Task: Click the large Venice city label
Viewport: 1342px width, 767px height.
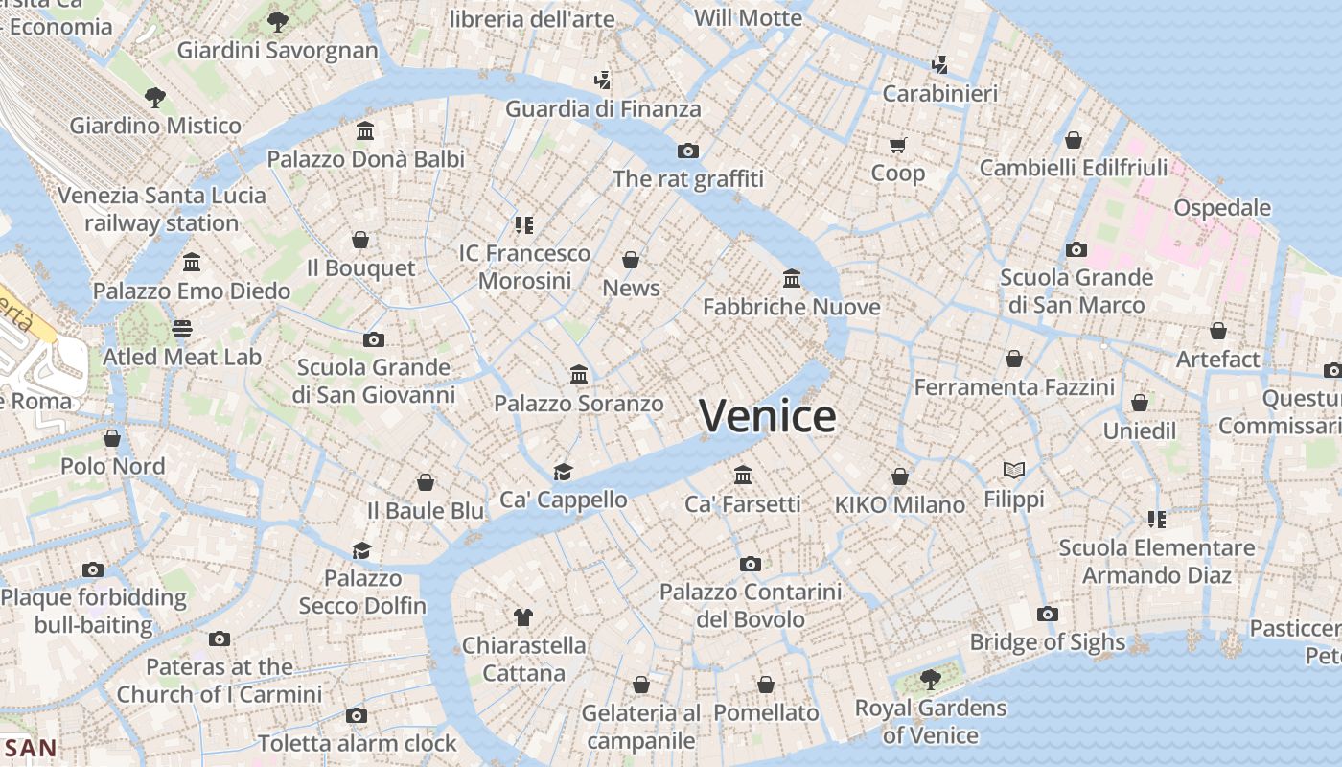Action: pyautogui.click(x=767, y=416)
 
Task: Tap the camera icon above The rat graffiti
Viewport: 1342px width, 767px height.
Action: pyautogui.click(x=687, y=151)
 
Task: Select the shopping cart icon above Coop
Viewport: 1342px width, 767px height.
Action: pyautogui.click(x=897, y=145)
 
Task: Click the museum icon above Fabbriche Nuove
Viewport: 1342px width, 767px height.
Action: pyautogui.click(x=792, y=278)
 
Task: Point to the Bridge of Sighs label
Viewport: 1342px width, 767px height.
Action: pyautogui.click(x=1047, y=642)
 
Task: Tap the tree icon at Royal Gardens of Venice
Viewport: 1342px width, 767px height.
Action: pyautogui.click(x=929, y=680)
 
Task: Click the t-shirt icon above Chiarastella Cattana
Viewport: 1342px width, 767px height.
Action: pyautogui.click(x=522, y=616)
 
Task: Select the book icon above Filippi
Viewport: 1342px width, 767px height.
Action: pyautogui.click(x=1014, y=470)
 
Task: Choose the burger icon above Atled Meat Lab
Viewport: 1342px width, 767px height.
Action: pyautogui.click(x=182, y=329)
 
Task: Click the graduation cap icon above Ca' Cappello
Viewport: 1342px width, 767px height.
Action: pyautogui.click(x=563, y=472)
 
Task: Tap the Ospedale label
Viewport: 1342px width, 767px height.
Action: pyautogui.click(x=1222, y=207)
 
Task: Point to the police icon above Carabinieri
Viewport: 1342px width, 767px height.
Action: pyautogui.click(x=939, y=65)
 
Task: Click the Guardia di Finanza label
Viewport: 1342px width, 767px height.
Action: pyautogui.click(x=603, y=108)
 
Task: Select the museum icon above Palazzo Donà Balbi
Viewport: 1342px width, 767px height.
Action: pyautogui.click(x=365, y=130)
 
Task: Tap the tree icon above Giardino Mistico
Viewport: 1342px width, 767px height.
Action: pyautogui.click(x=154, y=97)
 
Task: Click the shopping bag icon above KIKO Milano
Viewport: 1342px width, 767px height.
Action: pyautogui.click(x=899, y=476)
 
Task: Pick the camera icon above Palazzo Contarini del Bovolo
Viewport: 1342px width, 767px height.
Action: pyautogui.click(x=750, y=564)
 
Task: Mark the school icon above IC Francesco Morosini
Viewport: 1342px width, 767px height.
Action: pyautogui.click(x=523, y=225)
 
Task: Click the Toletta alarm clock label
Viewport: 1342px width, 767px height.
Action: pyautogui.click(x=357, y=743)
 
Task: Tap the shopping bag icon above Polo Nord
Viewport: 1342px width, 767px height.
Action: pyautogui.click(x=112, y=438)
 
